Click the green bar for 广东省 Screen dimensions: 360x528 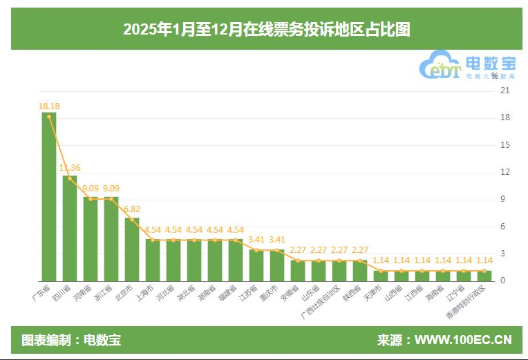click(x=48, y=197)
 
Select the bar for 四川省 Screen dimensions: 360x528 click(x=69, y=228)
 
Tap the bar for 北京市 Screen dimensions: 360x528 click(x=131, y=249)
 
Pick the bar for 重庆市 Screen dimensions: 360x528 click(x=276, y=265)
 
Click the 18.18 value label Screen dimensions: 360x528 click(x=48, y=106)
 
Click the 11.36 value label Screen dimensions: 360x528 click(x=69, y=167)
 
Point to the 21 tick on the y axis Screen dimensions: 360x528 click(x=505, y=91)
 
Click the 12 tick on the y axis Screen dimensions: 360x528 click(x=505, y=172)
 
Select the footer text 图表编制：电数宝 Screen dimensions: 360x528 click(x=71, y=340)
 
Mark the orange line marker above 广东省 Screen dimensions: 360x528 click(x=48, y=117)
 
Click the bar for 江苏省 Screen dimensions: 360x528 click(x=256, y=265)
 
